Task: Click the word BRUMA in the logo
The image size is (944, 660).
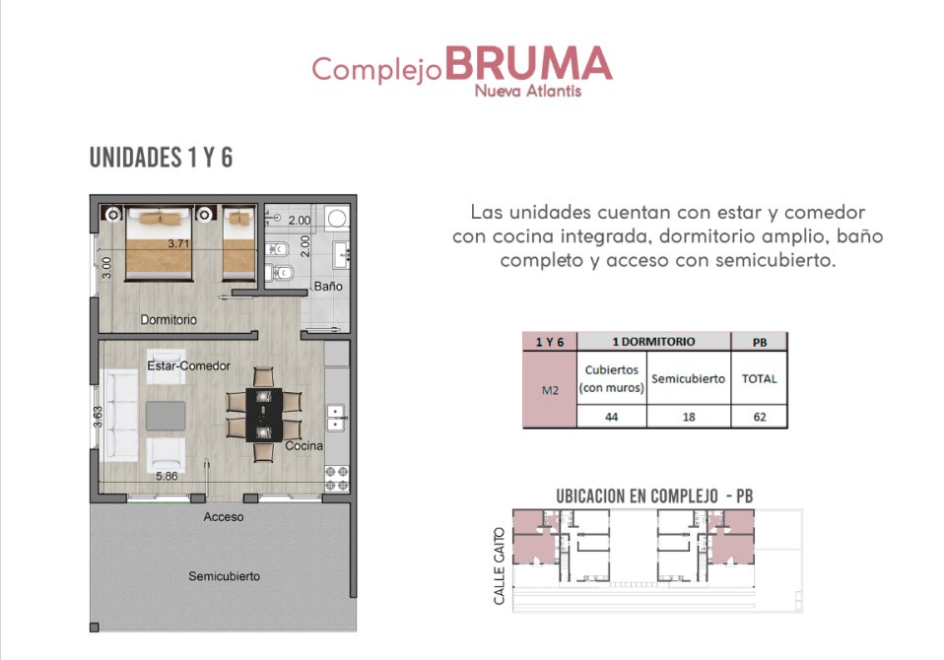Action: pyautogui.click(x=528, y=63)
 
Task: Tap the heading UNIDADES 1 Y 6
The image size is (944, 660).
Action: pyautogui.click(x=161, y=158)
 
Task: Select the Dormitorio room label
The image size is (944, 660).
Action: pyautogui.click(x=169, y=319)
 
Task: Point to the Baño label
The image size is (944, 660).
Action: pyautogui.click(x=328, y=287)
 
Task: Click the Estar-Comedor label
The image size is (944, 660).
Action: pyautogui.click(x=188, y=365)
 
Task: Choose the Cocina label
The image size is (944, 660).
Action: pyautogui.click(x=304, y=446)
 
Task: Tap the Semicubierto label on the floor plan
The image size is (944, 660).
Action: pyautogui.click(x=224, y=576)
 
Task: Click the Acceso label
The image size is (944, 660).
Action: pyautogui.click(x=224, y=517)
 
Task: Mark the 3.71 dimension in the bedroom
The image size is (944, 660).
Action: pyautogui.click(x=178, y=243)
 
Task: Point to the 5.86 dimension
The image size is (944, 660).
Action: pyautogui.click(x=167, y=476)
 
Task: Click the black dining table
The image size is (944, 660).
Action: pyautogui.click(x=264, y=415)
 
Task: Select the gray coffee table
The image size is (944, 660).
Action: pyautogui.click(x=166, y=417)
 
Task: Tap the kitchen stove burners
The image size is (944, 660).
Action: pyautogui.click(x=337, y=479)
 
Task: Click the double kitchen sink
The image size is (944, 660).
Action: pyautogui.click(x=336, y=418)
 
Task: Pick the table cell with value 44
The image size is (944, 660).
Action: pyautogui.click(x=612, y=417)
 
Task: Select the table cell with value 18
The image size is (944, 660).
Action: pyautogui.click(x=689, y=417)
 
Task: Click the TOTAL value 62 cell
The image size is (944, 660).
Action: pyautogui.click(x=759, y=417)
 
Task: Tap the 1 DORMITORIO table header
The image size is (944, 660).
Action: pyautogui.click(x=654, y=342)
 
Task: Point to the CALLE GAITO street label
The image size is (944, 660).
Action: pyautogui.click(x=499, y=566)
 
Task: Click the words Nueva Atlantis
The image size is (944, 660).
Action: pyautogui.click(x=528, y=91)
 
